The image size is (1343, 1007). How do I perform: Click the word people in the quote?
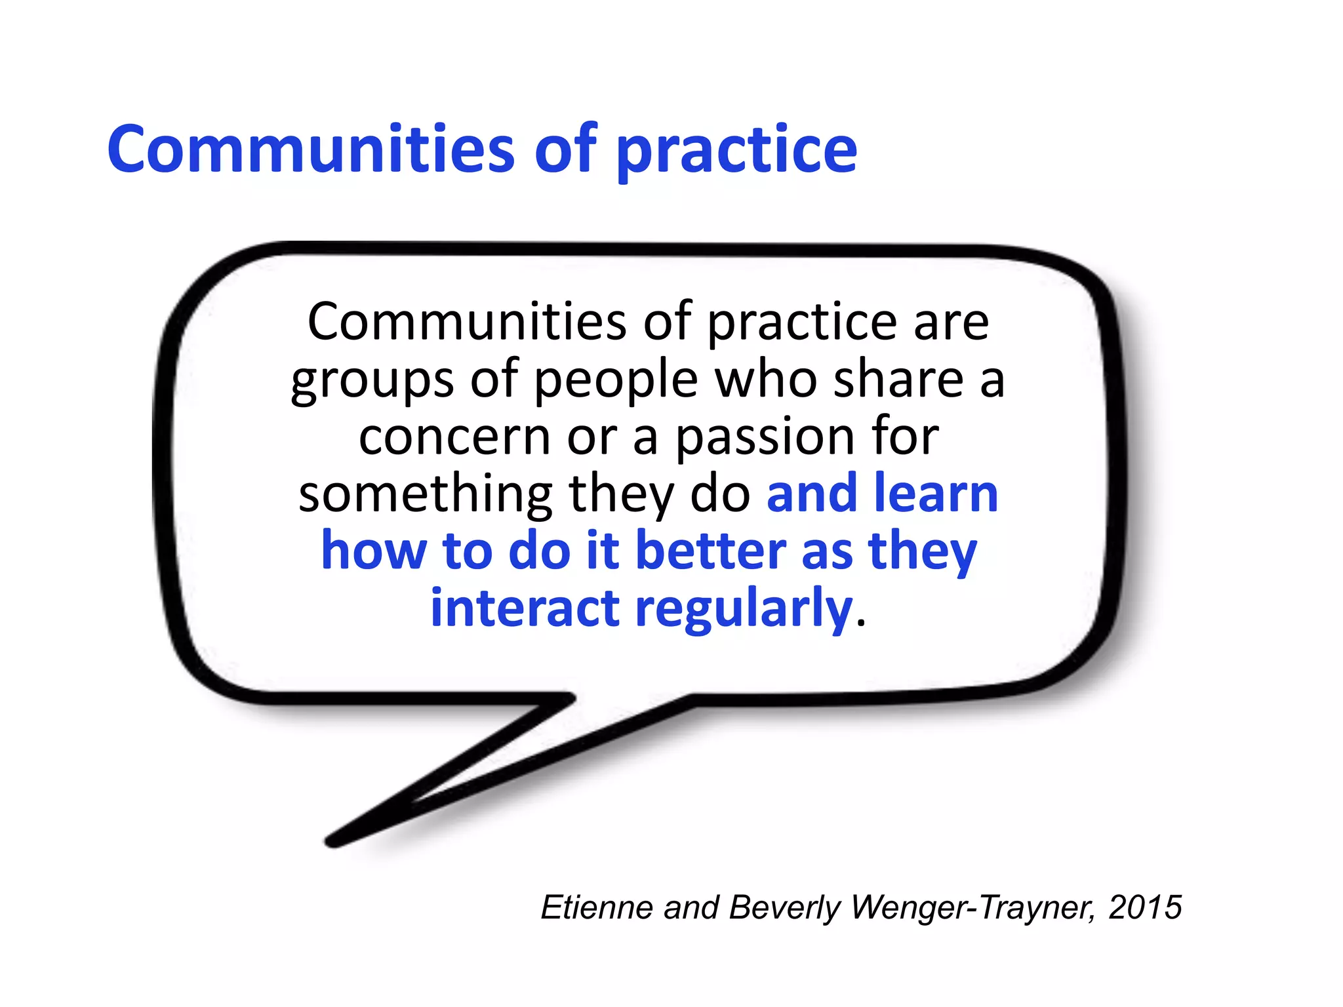[615, 381]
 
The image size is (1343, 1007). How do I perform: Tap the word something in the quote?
[426, 495]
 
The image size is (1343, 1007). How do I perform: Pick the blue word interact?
[525, 608]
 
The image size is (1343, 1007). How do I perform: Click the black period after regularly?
[861, 623]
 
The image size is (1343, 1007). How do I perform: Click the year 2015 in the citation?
[1145, 908]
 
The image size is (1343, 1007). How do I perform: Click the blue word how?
[374, 551]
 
